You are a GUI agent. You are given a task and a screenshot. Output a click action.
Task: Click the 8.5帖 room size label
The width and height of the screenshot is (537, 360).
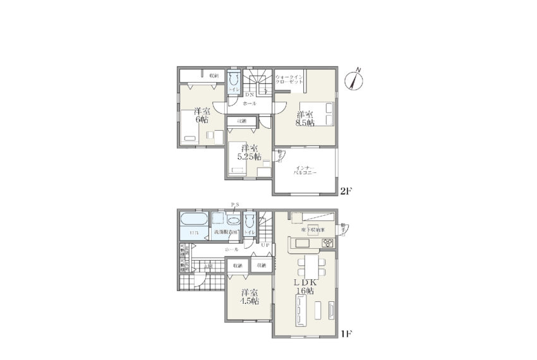click(x=305, y=119)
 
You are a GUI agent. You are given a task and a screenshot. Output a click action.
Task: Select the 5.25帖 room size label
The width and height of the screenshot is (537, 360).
click(x=243, y=153)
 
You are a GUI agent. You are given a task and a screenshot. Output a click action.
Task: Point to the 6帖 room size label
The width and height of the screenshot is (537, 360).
click(x=202, y=115)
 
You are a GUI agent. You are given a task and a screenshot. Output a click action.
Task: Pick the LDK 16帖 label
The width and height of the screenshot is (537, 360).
click(x=305, y=285)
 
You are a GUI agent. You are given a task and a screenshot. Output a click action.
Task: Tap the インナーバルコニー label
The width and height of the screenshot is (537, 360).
click(x=305, y=169)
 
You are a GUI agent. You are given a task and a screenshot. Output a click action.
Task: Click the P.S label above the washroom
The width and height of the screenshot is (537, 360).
click(x=234, y=204)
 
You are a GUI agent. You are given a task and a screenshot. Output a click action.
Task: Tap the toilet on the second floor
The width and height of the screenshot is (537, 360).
click(x=234, y=80)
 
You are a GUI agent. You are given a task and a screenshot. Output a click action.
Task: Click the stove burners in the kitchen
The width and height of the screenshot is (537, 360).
click(x=328, y=243)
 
